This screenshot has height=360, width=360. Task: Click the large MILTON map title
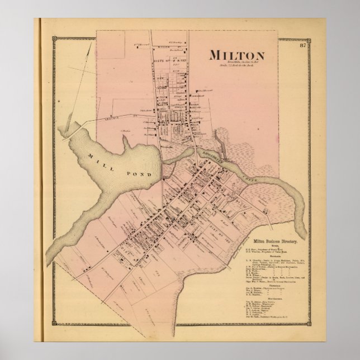(236, 55)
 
